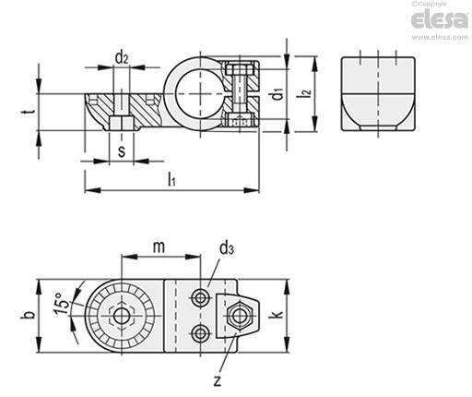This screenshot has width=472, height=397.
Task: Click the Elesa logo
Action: [440, 19]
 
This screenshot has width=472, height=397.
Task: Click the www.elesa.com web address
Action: [440, 37]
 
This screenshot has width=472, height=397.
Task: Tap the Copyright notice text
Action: [430, 4]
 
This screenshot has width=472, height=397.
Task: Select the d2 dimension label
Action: [122, 57]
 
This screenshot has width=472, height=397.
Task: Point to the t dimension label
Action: [28, 112]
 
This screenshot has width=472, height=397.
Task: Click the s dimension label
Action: [122, 151]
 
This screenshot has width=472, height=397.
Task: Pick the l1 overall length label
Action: [171, 179]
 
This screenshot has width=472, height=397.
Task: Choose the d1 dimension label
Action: [277, 94]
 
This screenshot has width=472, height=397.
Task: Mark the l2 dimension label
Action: [306, 94]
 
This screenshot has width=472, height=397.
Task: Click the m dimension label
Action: [159, 247]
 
